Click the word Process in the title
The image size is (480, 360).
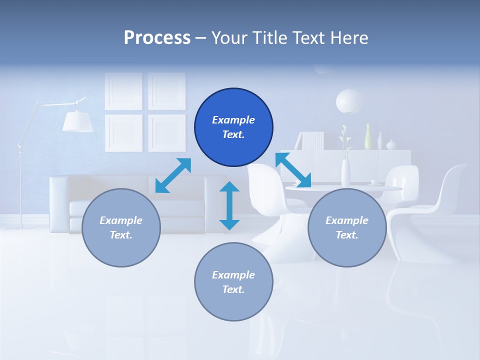[x=157, y=38]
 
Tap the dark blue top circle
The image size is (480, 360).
[x=233, y=127]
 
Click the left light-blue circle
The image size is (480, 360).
[x=121, y=227]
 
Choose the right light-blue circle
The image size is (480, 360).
[x=347, y=227]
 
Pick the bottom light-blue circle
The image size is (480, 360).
[x=233, y=282]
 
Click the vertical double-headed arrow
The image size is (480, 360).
[x=229, y=205]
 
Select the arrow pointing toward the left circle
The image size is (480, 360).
[x=173, y=175]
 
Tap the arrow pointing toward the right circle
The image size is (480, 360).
[x=293, y=170]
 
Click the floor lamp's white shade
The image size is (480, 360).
[x=77, y=121]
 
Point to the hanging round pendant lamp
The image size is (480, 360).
[x=349, y=101]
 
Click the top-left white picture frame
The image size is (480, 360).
[x=123, y=91]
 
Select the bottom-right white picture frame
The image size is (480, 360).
[x=167, y=132]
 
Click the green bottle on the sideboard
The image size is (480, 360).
[x=368, y=137]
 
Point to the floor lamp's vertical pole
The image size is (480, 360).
[x=20, y=190]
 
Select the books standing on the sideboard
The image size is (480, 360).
[x=312, y=140]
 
